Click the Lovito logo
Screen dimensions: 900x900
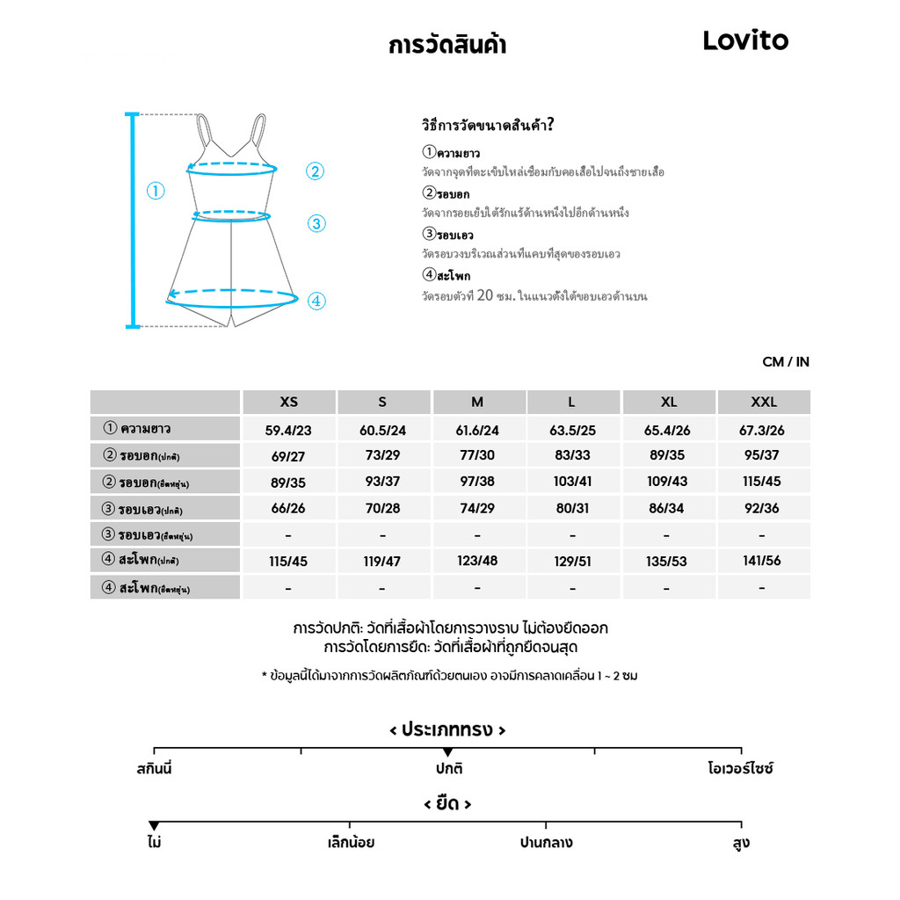(745, 40)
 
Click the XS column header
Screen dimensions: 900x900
(288, 403)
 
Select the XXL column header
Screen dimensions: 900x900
(763, 403)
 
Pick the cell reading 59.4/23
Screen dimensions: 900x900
(288, 430)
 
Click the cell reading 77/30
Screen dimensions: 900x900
(477, 456)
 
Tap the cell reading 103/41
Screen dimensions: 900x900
(572, 483)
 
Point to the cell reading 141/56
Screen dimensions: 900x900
(761, 561)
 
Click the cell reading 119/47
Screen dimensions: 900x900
(382, 561)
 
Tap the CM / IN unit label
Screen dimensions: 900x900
(786, 362)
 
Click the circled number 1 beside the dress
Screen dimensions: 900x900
(156, 191)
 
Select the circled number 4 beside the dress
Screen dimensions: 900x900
(317, 301)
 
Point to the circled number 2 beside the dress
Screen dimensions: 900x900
(316, 172)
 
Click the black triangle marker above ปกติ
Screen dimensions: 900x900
(447, 752)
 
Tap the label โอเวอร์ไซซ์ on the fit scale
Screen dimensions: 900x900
(740, 769)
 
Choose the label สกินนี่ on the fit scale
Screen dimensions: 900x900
(155, 769)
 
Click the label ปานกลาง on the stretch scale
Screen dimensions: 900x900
(546, 843)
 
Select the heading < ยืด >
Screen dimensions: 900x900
(447, 804)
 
